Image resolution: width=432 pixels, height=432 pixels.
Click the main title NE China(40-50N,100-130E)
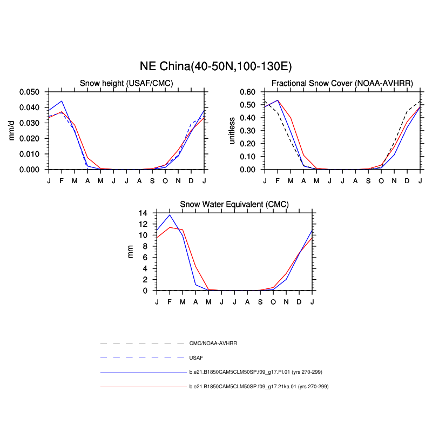(x=216, y=66)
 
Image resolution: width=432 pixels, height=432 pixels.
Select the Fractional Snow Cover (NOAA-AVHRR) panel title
(x=342, y=83)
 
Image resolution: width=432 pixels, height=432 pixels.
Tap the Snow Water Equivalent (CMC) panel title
(x=234, y=204)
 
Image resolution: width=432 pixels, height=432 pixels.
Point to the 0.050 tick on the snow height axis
(x=30, y=92)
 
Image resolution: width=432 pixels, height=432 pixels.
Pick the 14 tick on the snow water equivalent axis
(x=143, y=213)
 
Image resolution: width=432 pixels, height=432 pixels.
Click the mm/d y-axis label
(x=12, y=131)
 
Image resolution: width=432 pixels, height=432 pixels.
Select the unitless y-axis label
(x=233, y=131)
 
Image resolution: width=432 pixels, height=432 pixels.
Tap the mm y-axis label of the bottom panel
(x=130, y=252)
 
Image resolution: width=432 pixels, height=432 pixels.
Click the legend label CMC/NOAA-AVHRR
(x=213, y=343)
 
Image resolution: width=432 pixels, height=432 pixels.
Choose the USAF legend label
(x=196, y=357)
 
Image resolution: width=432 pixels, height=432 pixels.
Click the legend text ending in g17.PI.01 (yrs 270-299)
(x=259, y=372)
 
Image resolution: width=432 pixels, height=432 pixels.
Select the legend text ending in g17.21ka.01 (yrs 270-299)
(x=259, y=387)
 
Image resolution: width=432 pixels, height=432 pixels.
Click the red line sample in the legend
(x=143, y=387)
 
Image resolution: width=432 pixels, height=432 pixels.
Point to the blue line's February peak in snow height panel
(x=62, y=101)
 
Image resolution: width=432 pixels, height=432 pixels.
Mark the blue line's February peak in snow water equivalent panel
(x=170, y=215)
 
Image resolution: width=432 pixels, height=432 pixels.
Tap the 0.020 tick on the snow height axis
(x=30, y=138)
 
